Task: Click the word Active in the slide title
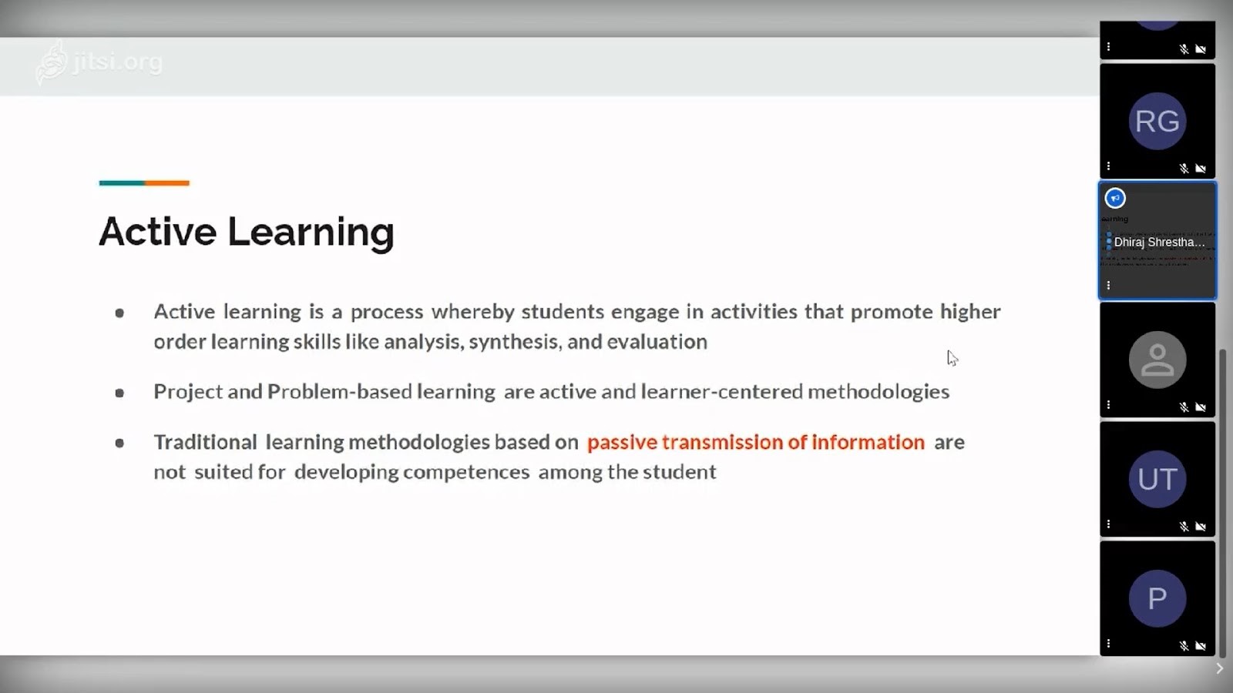(x=157, y=231)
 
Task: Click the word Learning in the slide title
(x=311, y=233)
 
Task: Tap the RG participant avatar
(x=1157, y=121)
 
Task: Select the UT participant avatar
(x=1157, y=479)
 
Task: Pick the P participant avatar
(x=1157, y=598)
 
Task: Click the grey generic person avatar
(x=1157, y=360)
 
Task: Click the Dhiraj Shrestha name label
(x=1159, y=242)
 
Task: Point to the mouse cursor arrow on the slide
(x=952, y=357)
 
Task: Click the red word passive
(x=621, y=443)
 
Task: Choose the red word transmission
(x=721, y=443)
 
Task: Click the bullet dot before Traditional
(x=119, y=443)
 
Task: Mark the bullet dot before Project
(x=119, y=393)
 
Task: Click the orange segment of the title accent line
(x=166, y=183)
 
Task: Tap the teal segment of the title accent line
(x=122, y=183)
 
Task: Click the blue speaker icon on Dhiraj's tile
(x=1115, y=199)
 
